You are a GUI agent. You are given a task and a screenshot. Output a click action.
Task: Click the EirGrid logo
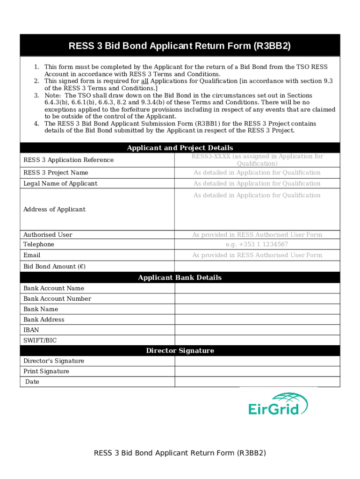pyautogui.click(x=278, y=404)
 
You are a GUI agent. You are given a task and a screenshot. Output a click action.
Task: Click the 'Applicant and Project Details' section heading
pyautogui.click(x=180, y=148)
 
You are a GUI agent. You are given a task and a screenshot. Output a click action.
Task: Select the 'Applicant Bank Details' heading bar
pyautogui.click(x=180, y=277)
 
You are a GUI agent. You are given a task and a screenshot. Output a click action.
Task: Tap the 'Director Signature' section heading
pyautogui.click(x=180, y=350)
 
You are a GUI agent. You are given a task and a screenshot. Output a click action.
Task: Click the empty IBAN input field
pyautogui.click(x=257, y=330)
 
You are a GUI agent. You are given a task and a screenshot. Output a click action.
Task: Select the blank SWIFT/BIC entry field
pyautogui.click(x=257, y=341)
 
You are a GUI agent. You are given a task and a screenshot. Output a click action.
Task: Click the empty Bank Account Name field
pyautogui.click(x=257, y=288)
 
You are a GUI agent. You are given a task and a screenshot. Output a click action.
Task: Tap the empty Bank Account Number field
pyautogui.click(x=257, y=298)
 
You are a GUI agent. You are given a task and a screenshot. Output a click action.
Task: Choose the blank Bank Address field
pyautogui.click(x=257, y=319)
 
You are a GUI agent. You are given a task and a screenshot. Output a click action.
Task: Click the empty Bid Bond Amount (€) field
pyautogui.click(x=257, y=266)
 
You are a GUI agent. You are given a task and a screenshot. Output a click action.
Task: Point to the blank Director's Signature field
pyautogui.click(x=257, y=361)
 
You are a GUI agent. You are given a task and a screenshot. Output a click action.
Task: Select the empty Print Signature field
pyautogui.click(x=257, y=371)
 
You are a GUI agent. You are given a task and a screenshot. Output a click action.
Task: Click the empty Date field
pyautogui.click(x=257, y=382)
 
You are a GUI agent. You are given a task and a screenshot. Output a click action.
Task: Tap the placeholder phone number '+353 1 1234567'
pyautogui.click(x=257, y=244)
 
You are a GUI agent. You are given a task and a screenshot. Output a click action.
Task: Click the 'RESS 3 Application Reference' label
pyautogui.click(x=68, y=160)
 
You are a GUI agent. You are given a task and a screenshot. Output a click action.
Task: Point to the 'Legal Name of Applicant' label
pyautogui.click(x=60, y=183)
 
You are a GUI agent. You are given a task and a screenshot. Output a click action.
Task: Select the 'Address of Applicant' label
pyautogui.click(x=54, y=209)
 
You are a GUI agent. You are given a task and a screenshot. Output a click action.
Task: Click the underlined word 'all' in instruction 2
pyautogui.click(x=144, y=81)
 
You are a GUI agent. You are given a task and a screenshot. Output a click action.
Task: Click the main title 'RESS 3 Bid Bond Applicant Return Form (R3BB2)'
pyautogui.click(x=180, y=46)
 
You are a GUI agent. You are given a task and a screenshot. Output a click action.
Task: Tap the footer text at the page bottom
pyautogui.click(x=180, y=453)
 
